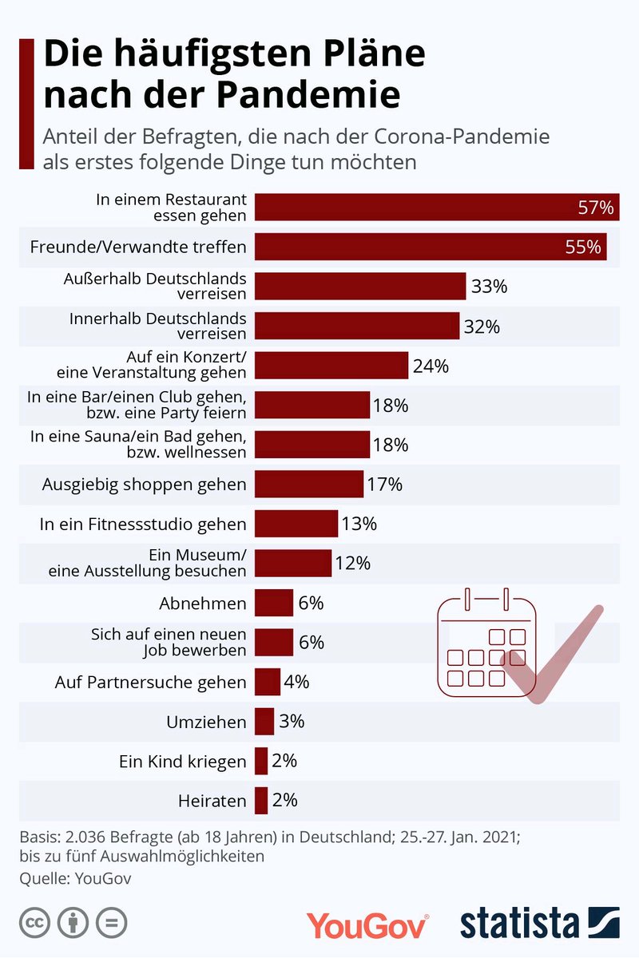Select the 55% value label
pyautogui.click(x=582, y=247)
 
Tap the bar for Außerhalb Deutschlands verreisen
pyautogui.click(x=360, y=286)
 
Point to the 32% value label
pyautogui.click(x=482, y=326)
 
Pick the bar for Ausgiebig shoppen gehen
pyautogui.click(x=309, y=484)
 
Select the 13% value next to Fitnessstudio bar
pyautogui.click(x=359, y=524)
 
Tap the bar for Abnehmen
pyautogui.click(x=274, y=603)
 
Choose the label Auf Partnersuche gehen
pyautogui.click(x=150, y=682)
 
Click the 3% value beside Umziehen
pyautogui.click(x=292, y=721)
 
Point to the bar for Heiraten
pyautogui.click(x=261, y=800)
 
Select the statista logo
pyautogui.click(x=539, y=923)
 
